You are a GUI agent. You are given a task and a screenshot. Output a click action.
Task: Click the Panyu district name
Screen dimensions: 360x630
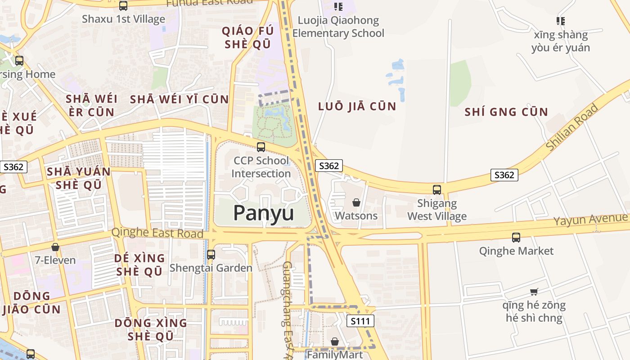tap(264, 213)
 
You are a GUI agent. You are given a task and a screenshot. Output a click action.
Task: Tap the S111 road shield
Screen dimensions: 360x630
tap(360, 321)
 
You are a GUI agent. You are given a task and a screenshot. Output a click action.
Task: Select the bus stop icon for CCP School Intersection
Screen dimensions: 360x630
tap(261, 147)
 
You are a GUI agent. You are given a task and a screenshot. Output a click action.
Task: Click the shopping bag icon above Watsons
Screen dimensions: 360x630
tap(356, 202)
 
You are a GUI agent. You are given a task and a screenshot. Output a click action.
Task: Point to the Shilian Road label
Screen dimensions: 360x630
tap(572, 127)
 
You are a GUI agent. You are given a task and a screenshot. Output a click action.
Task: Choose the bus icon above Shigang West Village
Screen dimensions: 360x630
tap(436, 190)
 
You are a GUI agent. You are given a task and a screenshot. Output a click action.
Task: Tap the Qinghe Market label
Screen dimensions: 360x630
tap(516, 251)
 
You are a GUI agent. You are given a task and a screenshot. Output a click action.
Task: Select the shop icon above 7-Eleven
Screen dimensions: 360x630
tap(55, 247)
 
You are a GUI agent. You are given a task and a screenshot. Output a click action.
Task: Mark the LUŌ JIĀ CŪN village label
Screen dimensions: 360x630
tap(357, 107)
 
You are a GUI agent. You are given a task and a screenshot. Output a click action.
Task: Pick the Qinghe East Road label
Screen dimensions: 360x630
tap(157, 233)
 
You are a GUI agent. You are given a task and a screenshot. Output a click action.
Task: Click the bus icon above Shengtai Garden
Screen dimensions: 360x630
tap(211, 255)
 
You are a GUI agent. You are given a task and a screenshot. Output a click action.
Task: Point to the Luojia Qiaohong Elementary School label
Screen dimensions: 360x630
tap(338, 27)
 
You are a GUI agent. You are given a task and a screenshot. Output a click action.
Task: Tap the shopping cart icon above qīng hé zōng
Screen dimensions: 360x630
tap(534, 292)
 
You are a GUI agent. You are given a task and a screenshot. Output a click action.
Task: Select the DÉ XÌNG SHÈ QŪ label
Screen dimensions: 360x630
tap(139, 265)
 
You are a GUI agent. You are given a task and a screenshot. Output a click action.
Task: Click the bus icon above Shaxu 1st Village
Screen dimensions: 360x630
tap(123, 6)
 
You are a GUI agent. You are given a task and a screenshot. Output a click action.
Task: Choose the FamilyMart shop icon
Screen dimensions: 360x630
tap(334, 342)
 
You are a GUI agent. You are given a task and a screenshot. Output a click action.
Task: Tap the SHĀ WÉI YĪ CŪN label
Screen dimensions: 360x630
tap(179, 99)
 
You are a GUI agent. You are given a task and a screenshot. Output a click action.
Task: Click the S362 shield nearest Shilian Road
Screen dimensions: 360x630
tap(504, 175)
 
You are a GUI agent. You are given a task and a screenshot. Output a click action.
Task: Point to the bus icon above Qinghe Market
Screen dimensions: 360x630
tap(516, 237)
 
